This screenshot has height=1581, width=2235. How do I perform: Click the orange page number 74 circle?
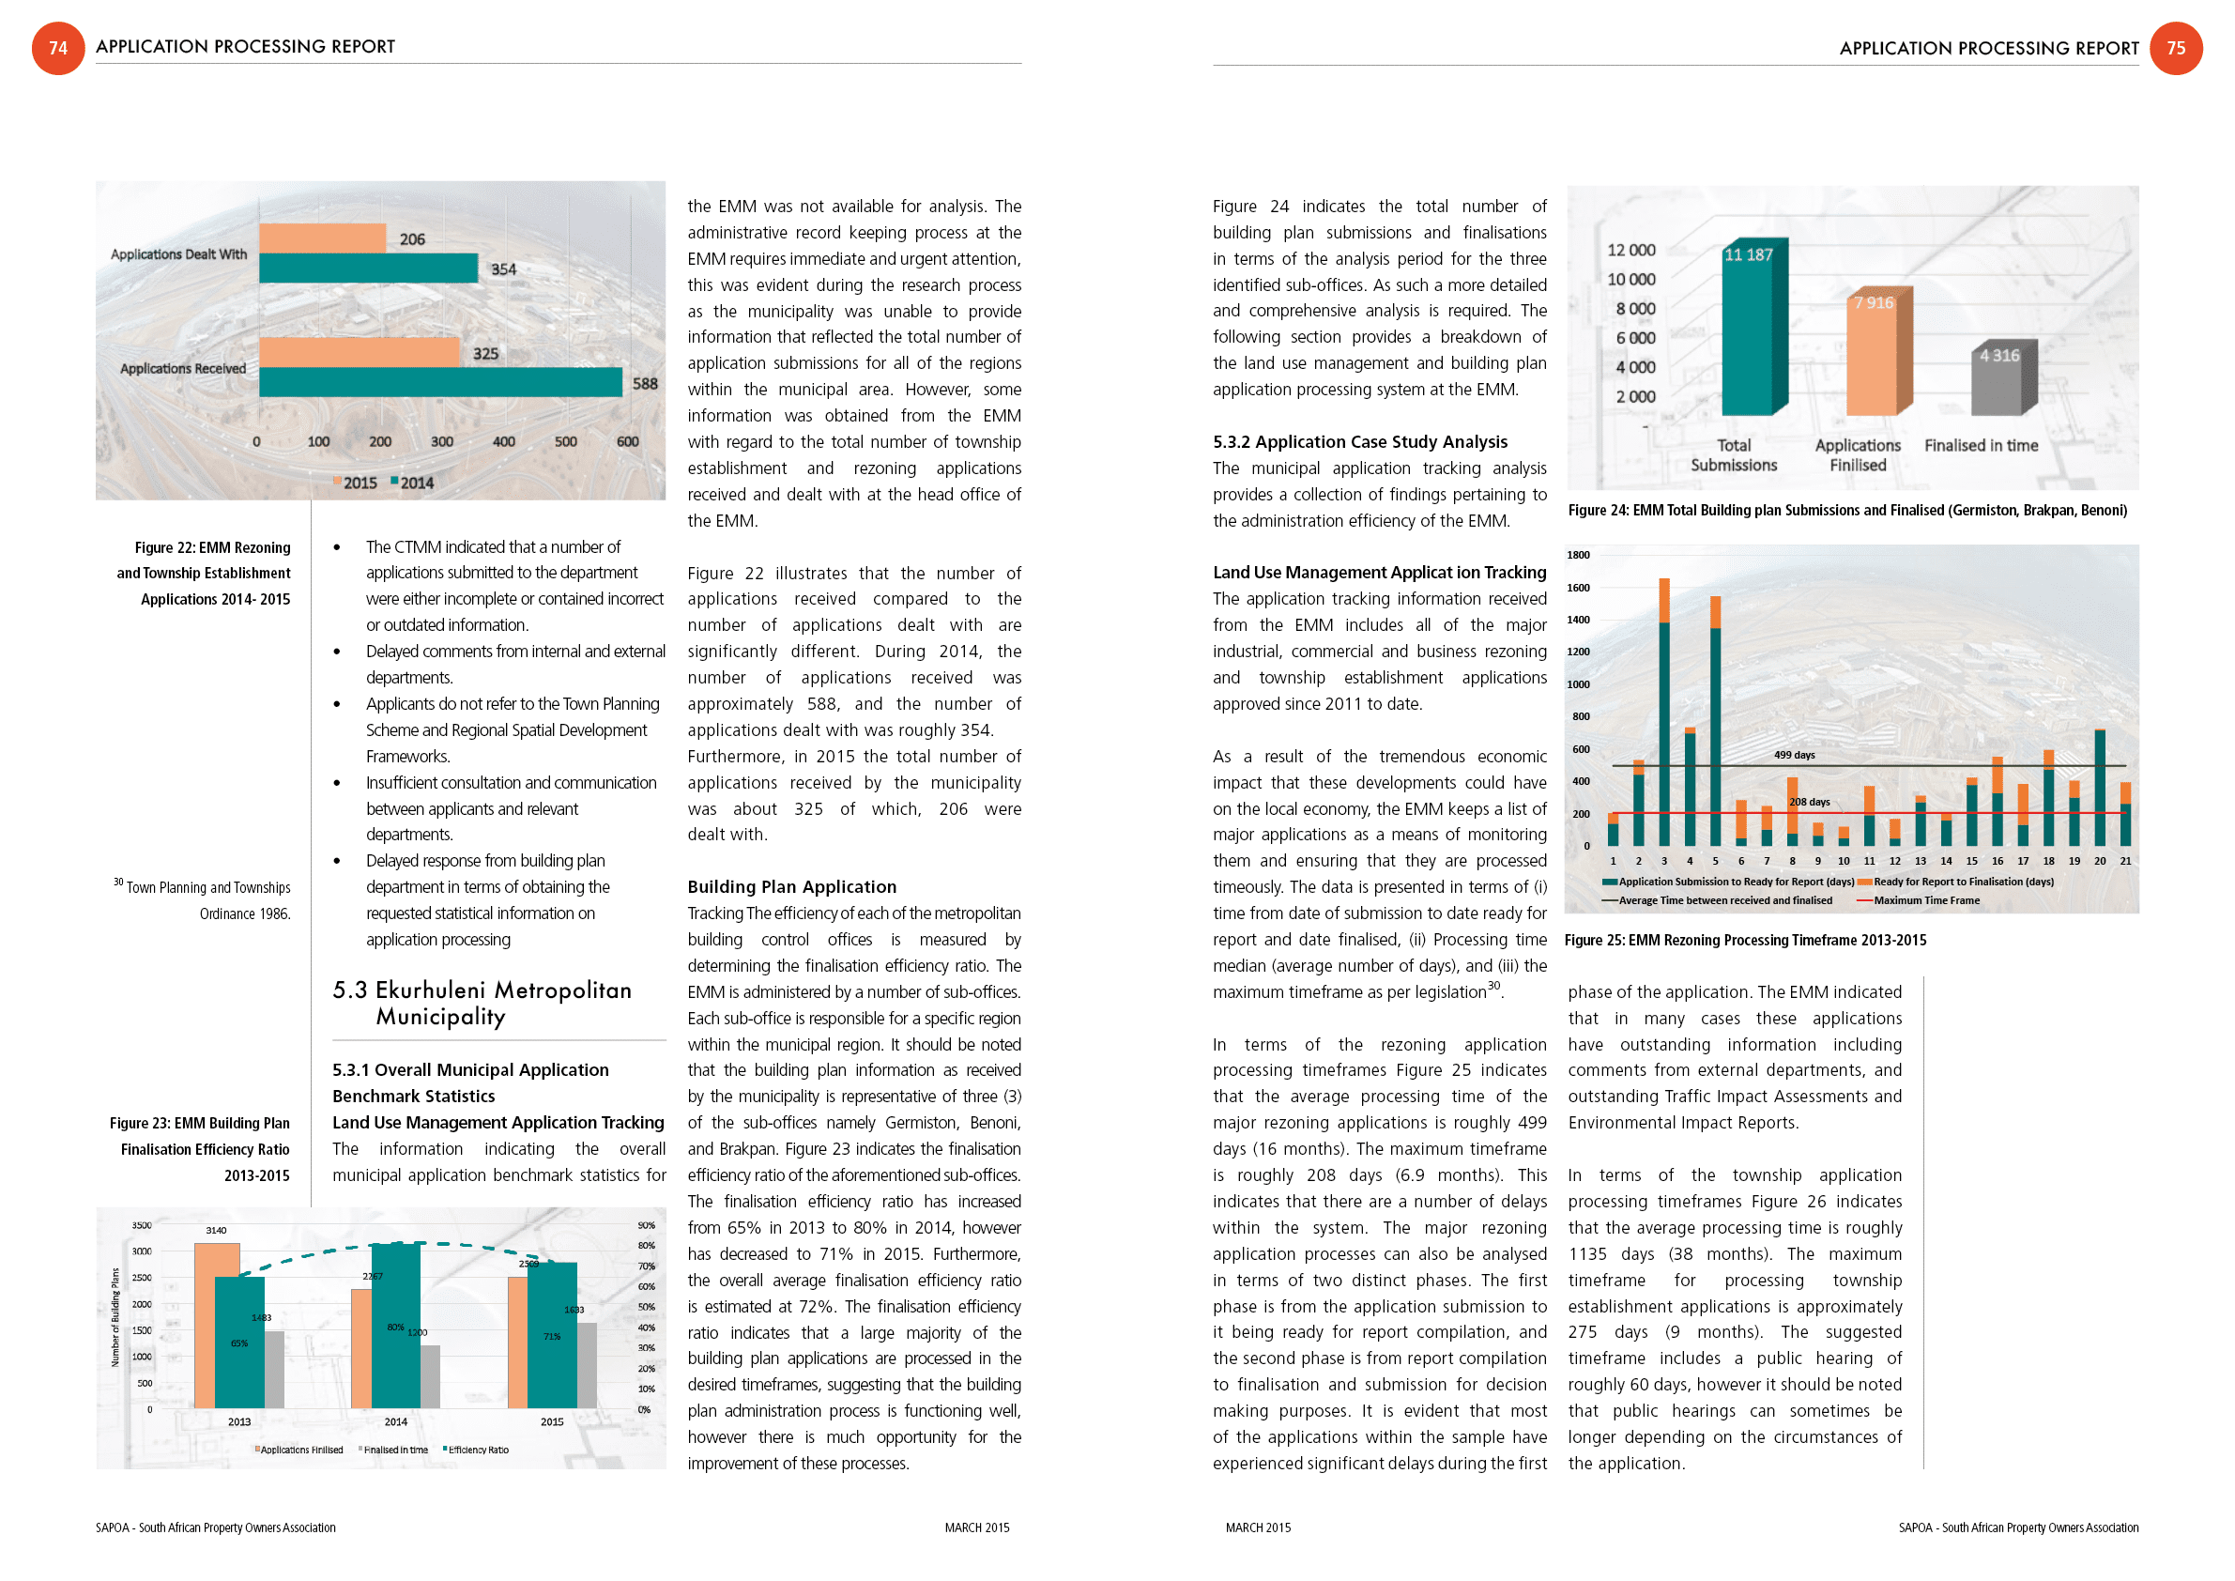pyautogui.click(x=58, y=48)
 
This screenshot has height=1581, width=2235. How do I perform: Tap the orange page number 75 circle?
pyautogui.click(x=2176, y=48)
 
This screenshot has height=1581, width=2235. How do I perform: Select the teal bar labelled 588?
pyautogui.click(x=440, y=383)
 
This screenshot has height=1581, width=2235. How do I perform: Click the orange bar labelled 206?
pyautogui.click(x=322, y=238)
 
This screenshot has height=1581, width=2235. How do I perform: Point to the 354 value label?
pyautogui.click(x=503, y=269)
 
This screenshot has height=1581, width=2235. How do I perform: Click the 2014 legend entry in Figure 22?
pyautogui.click(x=412, y=483)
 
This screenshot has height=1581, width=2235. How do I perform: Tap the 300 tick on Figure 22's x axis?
pyautogui.click(x=442, y=442)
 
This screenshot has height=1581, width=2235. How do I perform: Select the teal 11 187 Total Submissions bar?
pyautogui.click(x=1748, y=331)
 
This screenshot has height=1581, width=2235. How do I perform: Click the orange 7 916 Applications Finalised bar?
pyautogui.click(x=1872, y=355)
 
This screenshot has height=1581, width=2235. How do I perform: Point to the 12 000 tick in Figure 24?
pyautogui.click(x=1630, y=250)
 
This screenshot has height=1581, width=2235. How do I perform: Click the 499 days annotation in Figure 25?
pyautogui.click(x=1794, y=755)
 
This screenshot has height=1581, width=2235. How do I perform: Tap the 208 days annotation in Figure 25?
pyautogui.click(x=1810, y=802)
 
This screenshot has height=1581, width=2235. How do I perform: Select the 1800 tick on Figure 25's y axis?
pyautogui.click(x=1578, y=555)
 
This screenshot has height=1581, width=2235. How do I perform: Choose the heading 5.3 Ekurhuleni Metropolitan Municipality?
pyautogui.click(x=482, y=1003)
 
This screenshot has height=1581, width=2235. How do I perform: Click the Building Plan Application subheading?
pyautogui.click(x=791, y=887)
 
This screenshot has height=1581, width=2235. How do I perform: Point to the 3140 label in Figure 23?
pyautogui.click(x=216, y=1231)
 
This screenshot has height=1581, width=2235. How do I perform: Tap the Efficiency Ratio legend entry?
pyautogui.click(x=476, y=1450)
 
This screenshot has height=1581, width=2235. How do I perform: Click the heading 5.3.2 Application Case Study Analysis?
pyautogui.click(x=1360, y=442)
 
